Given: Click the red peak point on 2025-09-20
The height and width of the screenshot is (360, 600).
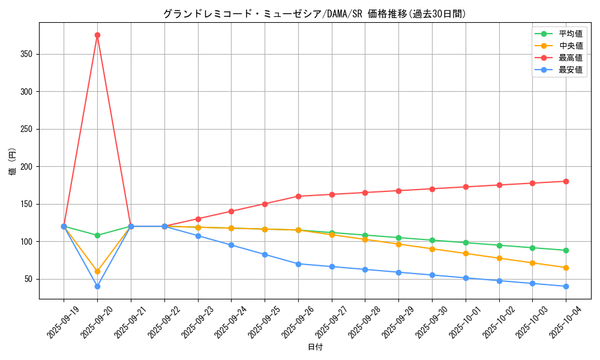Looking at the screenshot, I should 97,35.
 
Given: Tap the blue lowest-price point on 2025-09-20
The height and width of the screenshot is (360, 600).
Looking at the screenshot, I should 97,286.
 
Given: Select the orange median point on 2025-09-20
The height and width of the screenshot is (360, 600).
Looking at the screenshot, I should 97,271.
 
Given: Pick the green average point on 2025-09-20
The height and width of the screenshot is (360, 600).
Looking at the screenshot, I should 97,235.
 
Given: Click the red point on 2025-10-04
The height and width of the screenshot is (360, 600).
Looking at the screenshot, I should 566,181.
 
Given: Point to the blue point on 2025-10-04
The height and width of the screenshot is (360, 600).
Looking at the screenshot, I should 566,286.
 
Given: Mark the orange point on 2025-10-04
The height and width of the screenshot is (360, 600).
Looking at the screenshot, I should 566,268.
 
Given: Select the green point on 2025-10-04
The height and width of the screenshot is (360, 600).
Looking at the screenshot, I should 566,250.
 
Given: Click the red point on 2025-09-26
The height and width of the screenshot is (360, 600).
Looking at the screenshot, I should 298,196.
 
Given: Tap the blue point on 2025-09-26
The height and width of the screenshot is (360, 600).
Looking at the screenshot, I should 298,264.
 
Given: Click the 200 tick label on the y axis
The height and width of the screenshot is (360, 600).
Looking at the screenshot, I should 26,167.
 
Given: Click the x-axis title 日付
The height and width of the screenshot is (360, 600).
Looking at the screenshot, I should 315,347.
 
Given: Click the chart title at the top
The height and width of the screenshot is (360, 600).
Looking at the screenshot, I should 315,14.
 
